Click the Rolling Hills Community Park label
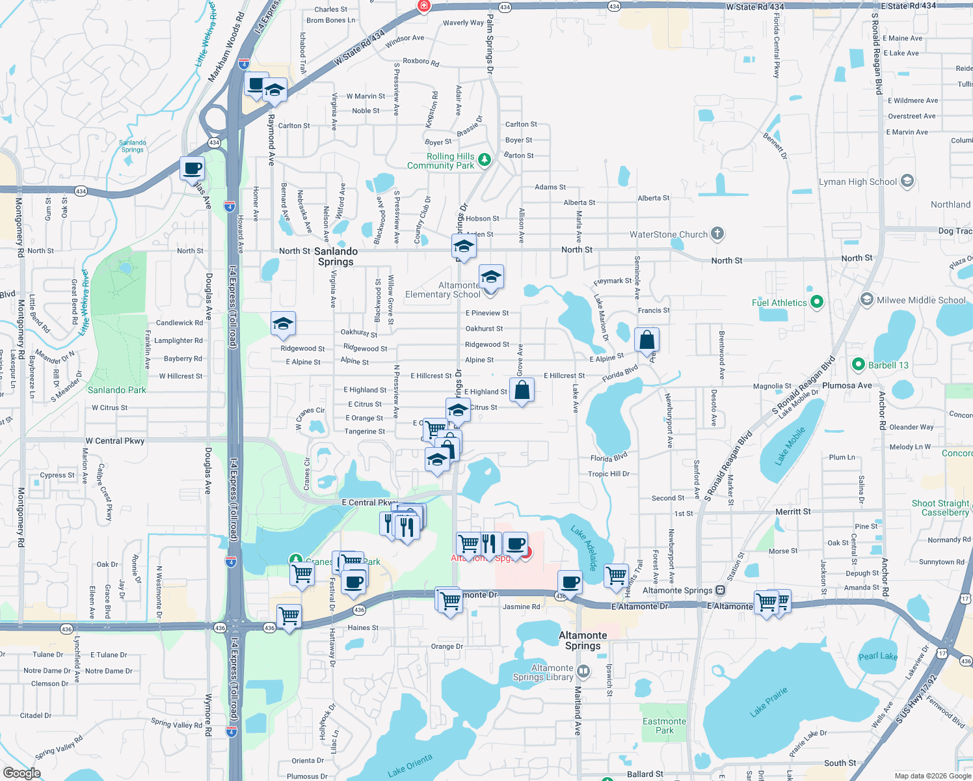(x=441, y=161)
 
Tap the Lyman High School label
(x=857, y=182)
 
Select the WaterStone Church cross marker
(x=717, y=234)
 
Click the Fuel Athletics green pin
(x=818, y=302)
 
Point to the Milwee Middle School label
(x=921, y=300)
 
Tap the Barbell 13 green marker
(x=858, y=364)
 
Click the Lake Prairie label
(x=768, y=701)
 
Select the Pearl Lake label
(x=878, y=656)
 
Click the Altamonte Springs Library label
(x=543, y=672)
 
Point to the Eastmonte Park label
(x=664, y=726)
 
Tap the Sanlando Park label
(x=117, y=390)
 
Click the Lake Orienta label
(x=410, y=766)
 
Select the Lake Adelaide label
(x=583, y=548)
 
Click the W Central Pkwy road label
(x=115, y=441)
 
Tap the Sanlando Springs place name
(x=336, y=256)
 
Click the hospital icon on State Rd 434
(x=424, y=6)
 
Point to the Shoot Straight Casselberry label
(x=940, y=508)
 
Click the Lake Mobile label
(x=790, y=445)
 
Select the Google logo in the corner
(x=22, y=773)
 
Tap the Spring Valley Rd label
(x=59, y=747)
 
